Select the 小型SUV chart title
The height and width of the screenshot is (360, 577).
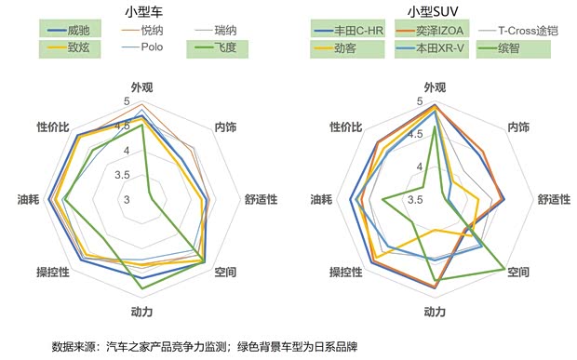(x=432, y=11)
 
